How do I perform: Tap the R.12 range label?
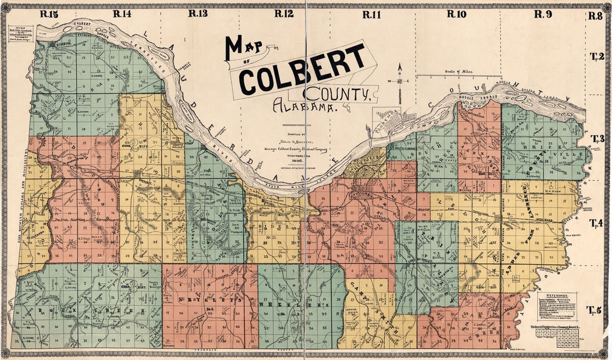[x=283, y=14]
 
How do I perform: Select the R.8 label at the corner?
[x=595, y=16]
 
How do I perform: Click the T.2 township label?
[x=597, y=56]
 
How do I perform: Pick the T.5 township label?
[x=593, y=310]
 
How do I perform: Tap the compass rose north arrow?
[x=399, y=80]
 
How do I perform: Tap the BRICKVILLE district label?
[x=542, y=149]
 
